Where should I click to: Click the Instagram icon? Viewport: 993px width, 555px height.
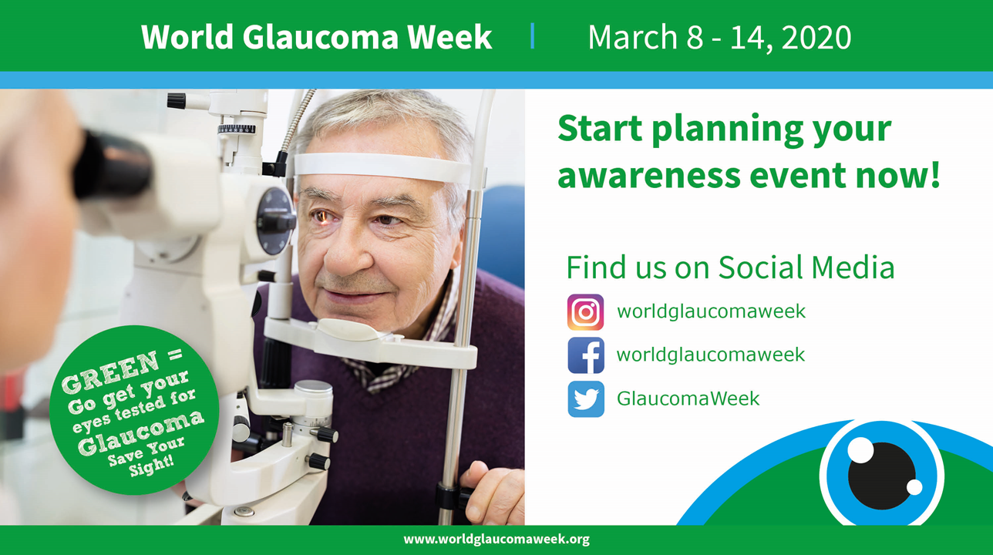click(585, 312)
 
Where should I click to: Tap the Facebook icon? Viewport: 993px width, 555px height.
click(586, 355)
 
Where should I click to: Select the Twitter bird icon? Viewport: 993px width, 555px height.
click(586, 399)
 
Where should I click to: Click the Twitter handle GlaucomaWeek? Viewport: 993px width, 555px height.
click(688, 398)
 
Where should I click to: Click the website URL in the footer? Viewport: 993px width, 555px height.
click(496, 540)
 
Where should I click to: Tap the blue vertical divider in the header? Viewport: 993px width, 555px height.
click(533, 35)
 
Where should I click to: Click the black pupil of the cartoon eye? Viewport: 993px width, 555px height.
click(881, 476)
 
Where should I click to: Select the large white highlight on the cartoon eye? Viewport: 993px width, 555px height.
click(860, 450)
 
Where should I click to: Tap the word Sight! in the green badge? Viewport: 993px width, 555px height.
click(151, 466)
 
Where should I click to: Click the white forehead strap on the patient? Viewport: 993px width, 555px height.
click(381, 166)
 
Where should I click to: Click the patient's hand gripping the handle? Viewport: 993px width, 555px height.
click(492, 492)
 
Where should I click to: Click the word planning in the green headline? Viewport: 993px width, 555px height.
click(728, 129)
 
